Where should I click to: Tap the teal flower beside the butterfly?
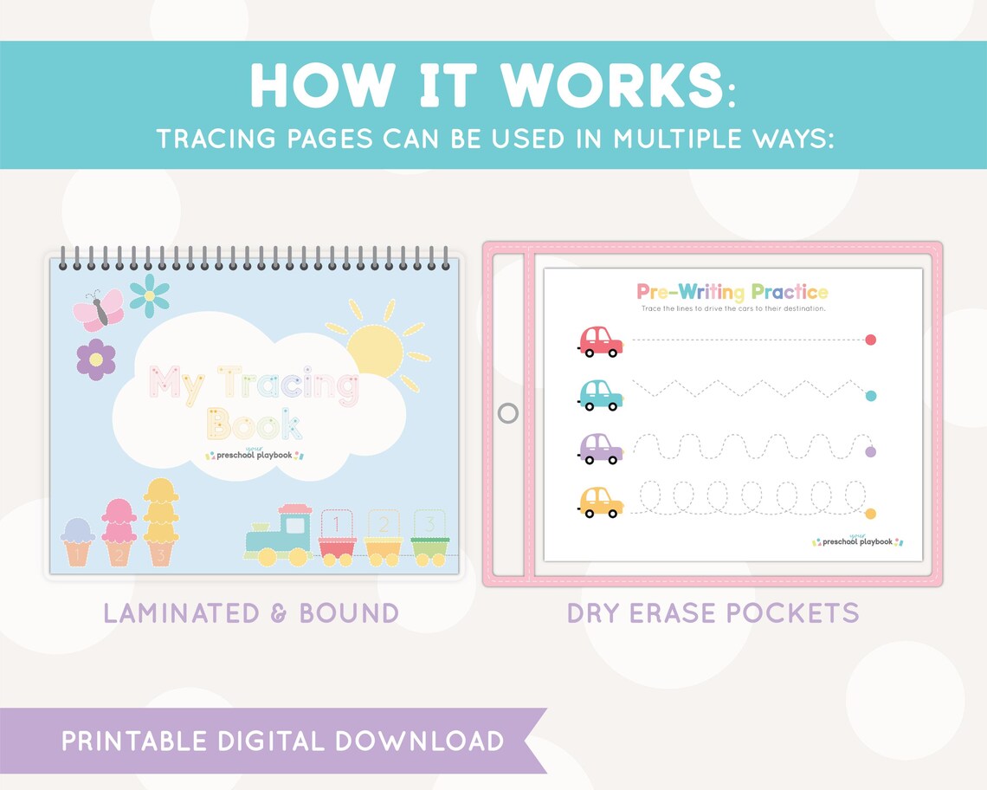point(149,295)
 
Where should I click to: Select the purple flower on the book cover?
point(96,359)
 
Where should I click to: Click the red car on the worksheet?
point(599,340)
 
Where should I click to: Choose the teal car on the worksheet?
point(599,394)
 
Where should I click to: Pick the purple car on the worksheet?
point(599,448)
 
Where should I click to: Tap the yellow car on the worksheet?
point(599,502)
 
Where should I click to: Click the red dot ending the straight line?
point(871,340)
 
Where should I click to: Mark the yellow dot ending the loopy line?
point(871,514)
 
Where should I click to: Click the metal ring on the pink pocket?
point(508,413)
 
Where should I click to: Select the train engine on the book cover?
point(280,536)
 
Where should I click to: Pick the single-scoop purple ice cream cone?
point(78,541)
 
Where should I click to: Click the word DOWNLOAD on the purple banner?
point(420,741)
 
